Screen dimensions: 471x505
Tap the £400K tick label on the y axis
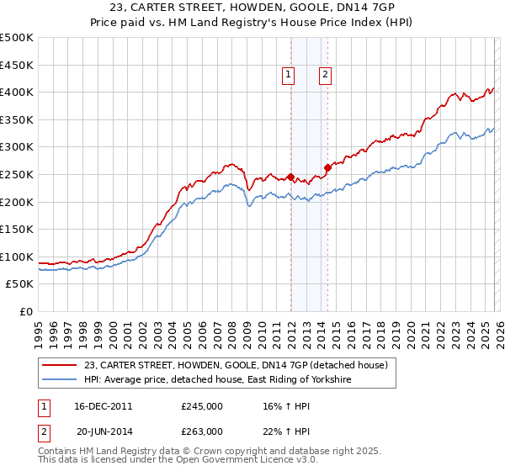click(x=17, y=92)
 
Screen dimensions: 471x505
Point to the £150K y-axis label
click(x=17, y=230)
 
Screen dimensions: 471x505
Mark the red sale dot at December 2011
click(x=290, y=177)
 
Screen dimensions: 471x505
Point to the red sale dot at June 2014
click(x=327, y=167)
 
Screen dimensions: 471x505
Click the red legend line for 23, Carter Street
click(x=60, y=365)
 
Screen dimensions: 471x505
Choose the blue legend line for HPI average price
click(x=60, y=380)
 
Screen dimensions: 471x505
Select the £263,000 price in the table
click(x=202, y=431)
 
